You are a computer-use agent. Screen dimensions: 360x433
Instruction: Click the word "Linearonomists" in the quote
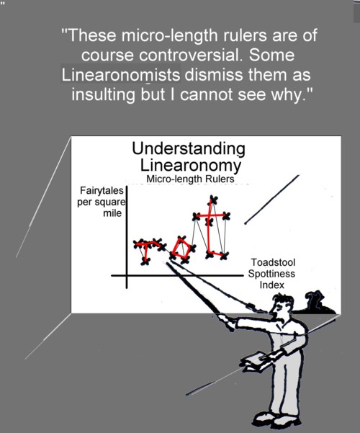[x=121, y=75]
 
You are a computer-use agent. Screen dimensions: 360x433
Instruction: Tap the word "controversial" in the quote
[x=191, y=55]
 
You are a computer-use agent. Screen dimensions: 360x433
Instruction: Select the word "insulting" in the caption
[x=103, y=95]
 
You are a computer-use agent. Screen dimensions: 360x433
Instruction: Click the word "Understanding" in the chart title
[x=189, y=149]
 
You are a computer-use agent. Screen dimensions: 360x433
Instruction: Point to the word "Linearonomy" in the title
[x=191, y=166]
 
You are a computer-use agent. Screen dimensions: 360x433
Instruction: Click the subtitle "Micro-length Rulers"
[x=190, y=179]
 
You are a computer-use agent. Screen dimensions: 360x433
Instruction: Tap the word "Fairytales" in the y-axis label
[x=102, y=190]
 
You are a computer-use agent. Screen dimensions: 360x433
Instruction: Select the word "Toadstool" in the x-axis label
[x=273, y=262]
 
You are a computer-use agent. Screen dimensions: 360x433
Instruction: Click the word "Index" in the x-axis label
[x=271, y=285]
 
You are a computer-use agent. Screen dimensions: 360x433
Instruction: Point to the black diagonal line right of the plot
[x=272, y=200]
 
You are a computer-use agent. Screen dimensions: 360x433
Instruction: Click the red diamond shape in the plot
[x=181, y=249]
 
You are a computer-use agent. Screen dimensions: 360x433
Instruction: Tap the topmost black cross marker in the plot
[x=212, y=200]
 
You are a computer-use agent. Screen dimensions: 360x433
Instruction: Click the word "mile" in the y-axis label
[x=112, y=213]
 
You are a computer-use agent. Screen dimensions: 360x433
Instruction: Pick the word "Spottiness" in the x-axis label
[x=271, y=274]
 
